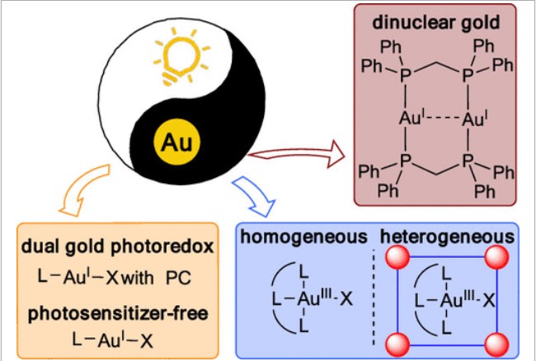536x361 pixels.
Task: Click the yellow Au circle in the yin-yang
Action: click(x=176, y=142)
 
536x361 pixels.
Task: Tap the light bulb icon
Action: click(x=181, y=58)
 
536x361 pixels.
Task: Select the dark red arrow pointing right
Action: click(x=296, y=154)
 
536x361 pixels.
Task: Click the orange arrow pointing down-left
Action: click(x=85, y=190)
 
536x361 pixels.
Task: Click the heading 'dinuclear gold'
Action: click(x=436, y=22)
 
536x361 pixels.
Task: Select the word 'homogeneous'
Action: click(x=303, y=237)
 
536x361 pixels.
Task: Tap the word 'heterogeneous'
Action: click(x=448, y=237)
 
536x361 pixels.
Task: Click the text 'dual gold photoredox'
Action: click(x=117, y=246)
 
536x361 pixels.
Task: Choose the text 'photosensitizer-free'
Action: click(x=118, y=313)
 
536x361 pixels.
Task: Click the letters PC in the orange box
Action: click(x=178, y=278)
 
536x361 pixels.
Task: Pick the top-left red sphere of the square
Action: click(x=397, y=257)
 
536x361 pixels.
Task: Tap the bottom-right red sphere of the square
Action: click(x=496, y=345)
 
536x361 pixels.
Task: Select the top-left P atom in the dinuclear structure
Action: click(x=405, y=75)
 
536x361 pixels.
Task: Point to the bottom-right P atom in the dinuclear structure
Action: click(x=468, y=161)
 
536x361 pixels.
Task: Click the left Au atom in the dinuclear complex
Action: click(x=412, y=119)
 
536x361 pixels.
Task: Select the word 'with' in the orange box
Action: click(x=138, y=277)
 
